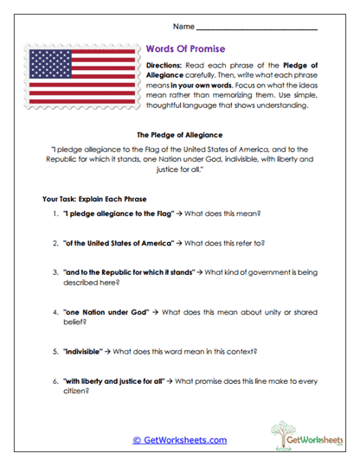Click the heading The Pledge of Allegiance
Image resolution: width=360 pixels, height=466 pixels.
coord(181,135)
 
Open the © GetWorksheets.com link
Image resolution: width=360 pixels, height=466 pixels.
coord(180,440)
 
